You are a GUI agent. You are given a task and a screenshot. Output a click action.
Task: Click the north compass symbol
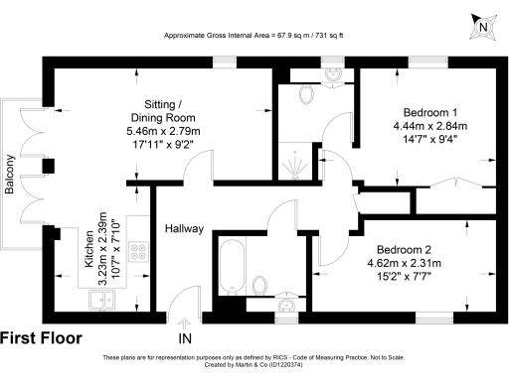(x=481, y=27)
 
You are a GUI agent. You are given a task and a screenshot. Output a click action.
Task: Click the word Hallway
(x=184, y=229)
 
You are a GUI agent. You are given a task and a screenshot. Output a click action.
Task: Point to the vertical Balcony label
(x=11, y=178)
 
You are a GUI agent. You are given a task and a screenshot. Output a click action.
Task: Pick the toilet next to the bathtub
(x=261, y=286)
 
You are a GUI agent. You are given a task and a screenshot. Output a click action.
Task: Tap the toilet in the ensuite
(x=307, y=95)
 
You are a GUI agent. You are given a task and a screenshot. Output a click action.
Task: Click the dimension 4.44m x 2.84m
(x=430, y=125)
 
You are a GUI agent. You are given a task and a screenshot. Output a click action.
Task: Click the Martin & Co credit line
(x=254, y=364)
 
